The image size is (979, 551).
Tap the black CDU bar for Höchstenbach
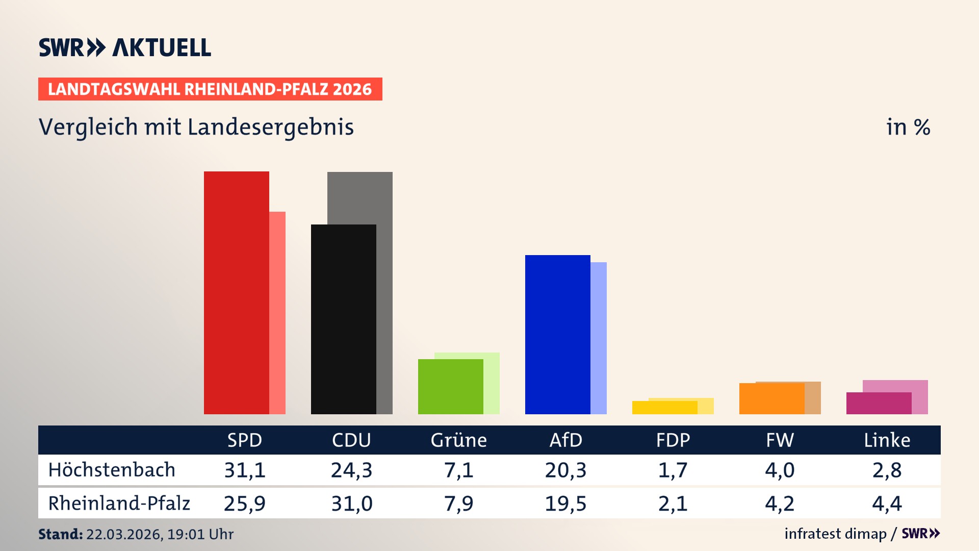tap(343, 319)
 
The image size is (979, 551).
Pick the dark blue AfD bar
tap(557, 334)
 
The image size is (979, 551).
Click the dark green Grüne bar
tap(450, 386)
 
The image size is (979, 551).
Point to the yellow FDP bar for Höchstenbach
tap(664, 408)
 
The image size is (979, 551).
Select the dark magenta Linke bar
tap(879, 403)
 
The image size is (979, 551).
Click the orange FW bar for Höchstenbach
tap(771, 398)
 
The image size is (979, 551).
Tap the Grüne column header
tap(458, 440)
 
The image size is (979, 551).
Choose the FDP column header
tap(673, 440)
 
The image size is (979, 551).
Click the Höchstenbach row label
tap(112, 470)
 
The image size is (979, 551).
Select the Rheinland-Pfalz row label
tap(119, 503)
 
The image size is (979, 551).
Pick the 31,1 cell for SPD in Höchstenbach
tap(245, 470)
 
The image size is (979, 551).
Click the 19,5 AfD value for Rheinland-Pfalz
tap(565, 504)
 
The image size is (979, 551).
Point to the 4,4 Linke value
tap(887, 504)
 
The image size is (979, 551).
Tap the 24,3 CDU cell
tap(351, 470)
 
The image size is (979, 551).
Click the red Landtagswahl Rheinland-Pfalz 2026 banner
tap(210, 89)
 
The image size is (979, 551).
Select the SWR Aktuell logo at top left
tap(125, 47)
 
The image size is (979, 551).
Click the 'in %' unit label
tap(908, 127)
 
